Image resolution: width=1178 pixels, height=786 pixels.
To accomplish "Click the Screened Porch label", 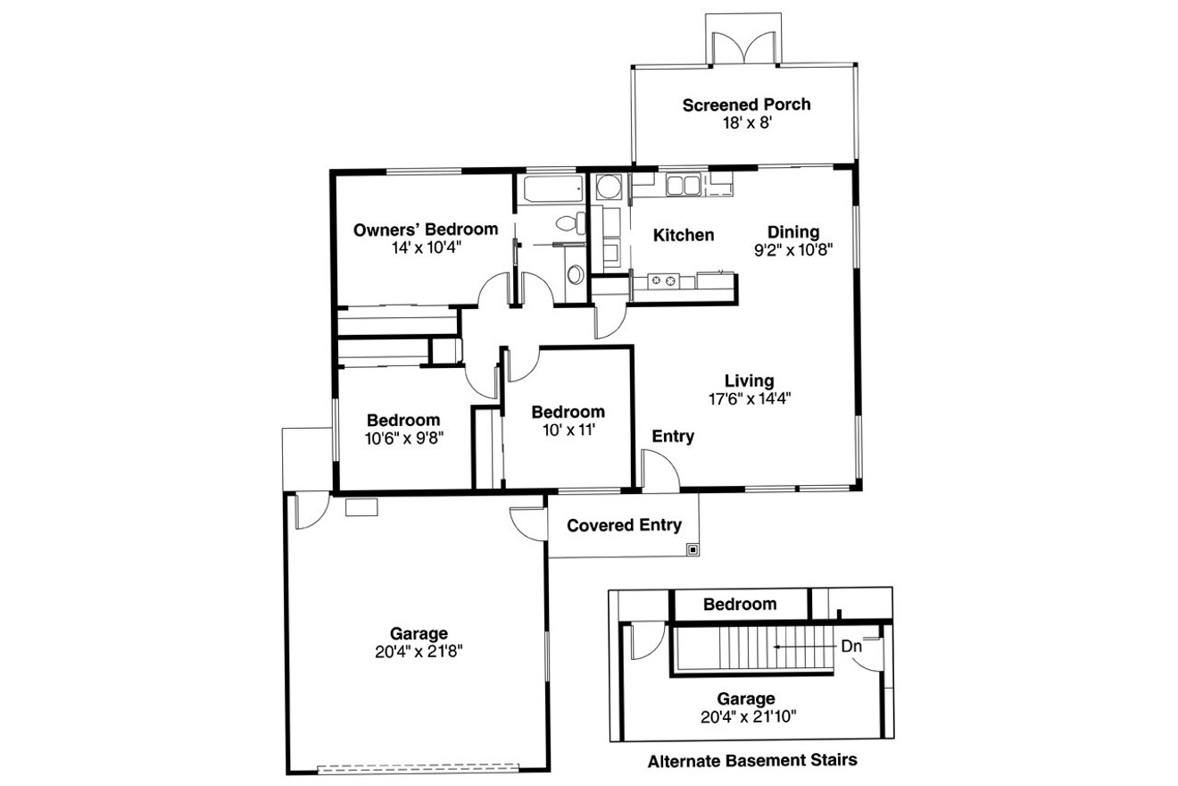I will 746,105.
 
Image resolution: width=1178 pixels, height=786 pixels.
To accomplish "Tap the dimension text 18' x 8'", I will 746,123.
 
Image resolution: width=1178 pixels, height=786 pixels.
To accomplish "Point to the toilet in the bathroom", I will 568,223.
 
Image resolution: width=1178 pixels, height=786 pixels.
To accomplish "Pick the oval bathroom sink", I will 576,273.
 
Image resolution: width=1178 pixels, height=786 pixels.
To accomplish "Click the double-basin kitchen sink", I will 683,185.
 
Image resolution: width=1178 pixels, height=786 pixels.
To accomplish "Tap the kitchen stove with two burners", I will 663,281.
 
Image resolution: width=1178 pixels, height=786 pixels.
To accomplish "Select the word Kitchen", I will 684,236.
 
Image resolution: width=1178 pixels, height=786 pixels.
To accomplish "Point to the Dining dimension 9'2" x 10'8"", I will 792,250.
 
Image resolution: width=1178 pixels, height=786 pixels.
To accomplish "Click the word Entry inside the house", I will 673,437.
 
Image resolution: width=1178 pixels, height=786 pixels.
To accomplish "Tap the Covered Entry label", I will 624,525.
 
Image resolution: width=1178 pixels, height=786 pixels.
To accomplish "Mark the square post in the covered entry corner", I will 692,549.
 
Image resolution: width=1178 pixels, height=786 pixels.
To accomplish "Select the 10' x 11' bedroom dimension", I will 568,430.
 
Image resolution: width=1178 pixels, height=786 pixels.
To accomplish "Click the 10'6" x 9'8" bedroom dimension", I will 403,438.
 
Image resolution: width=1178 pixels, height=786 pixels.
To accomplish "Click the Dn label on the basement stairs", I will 849,646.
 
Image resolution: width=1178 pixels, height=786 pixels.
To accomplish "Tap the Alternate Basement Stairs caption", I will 752,762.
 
